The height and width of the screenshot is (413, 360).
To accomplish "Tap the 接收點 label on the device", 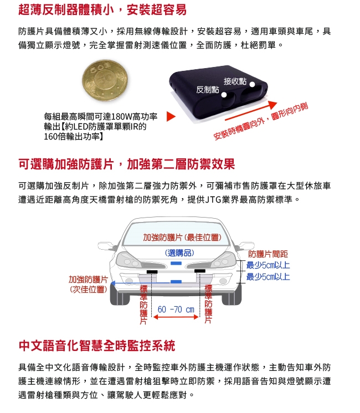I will [235, 81].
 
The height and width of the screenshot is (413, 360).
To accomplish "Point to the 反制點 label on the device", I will [207, 90].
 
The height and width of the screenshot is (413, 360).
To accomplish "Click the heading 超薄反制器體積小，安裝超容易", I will [102, 9].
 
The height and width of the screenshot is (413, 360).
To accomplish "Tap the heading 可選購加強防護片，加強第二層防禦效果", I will [126, 164].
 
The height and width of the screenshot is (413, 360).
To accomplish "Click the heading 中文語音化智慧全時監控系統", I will [96, 346].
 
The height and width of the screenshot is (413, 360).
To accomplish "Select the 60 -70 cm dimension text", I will [176, 309].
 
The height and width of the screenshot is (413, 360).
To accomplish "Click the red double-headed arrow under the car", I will [176, 318].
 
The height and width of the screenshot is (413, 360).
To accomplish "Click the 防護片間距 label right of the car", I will [268, 254].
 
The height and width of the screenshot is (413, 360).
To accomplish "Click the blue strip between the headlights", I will [176, 264].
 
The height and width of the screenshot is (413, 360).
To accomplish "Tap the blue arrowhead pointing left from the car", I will [112, 282].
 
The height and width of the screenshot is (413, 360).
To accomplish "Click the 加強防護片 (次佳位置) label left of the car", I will [88, 284].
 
